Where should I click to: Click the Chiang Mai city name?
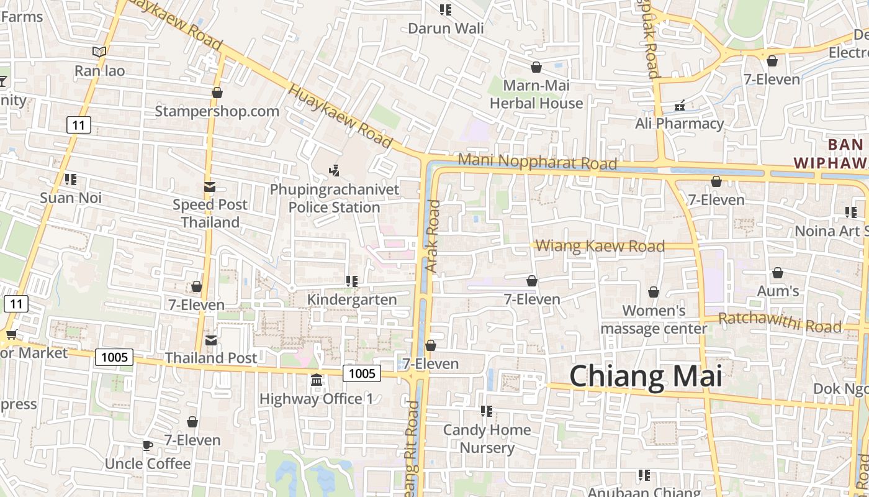(646, 376)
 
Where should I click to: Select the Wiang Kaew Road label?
(600, 246)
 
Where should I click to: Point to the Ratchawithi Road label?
(780, 322)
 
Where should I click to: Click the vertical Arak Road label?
(433, 235)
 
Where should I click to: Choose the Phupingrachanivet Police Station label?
(335, 198)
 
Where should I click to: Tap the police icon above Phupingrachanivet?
(334, 170)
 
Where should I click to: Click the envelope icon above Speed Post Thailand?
(210, 186)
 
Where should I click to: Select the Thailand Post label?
(210, 358)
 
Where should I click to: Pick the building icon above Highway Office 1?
(316, 379)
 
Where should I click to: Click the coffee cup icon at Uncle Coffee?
(147, 445)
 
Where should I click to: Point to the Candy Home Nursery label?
(487, 439)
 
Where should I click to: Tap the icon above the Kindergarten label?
(352, 281)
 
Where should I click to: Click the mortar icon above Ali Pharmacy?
(680, 105)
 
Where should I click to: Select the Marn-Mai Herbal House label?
(536, 94)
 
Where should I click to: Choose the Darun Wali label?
(446, 28)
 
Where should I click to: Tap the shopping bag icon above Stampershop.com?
(217, 93)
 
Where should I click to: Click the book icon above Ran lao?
(99, 52)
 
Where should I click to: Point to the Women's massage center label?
(654, 319)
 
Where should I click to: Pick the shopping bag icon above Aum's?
(777, 273)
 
